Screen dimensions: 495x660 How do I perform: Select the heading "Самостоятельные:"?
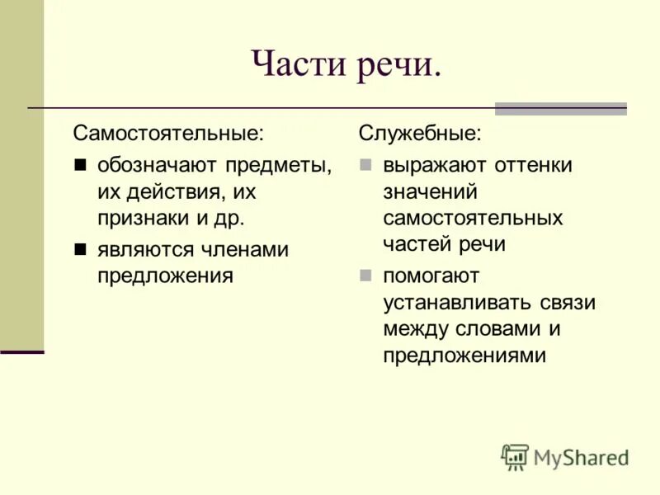click(169, 133)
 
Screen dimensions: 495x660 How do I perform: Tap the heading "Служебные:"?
click(420, 133)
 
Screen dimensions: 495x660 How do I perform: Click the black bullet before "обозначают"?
click(80, 165)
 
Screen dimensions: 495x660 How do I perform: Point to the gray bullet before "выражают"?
click(365, 165)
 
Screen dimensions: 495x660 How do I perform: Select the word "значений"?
click(430, 192)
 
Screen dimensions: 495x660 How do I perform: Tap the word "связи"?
click(568, 302)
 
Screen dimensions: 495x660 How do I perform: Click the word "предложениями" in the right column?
click(464, 356)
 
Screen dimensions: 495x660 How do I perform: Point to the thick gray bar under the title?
click(560, 108)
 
